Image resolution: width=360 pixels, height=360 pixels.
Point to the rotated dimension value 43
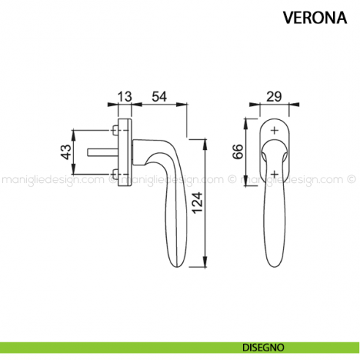click(x=65, y=152)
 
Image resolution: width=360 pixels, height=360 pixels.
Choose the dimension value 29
click(x=274, y=97)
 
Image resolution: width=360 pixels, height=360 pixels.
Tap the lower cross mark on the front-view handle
click(x=274, y=173)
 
